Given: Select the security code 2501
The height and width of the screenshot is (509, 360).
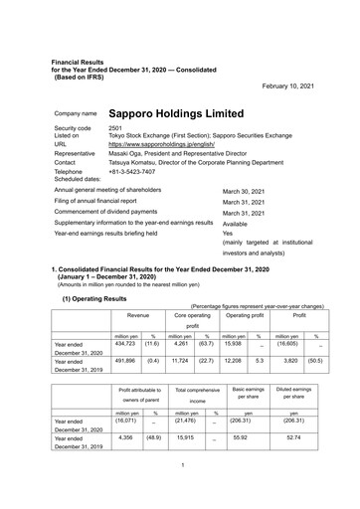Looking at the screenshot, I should click(x=115, y=128).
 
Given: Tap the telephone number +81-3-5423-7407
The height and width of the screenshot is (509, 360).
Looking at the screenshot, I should click(x=135, y=170).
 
